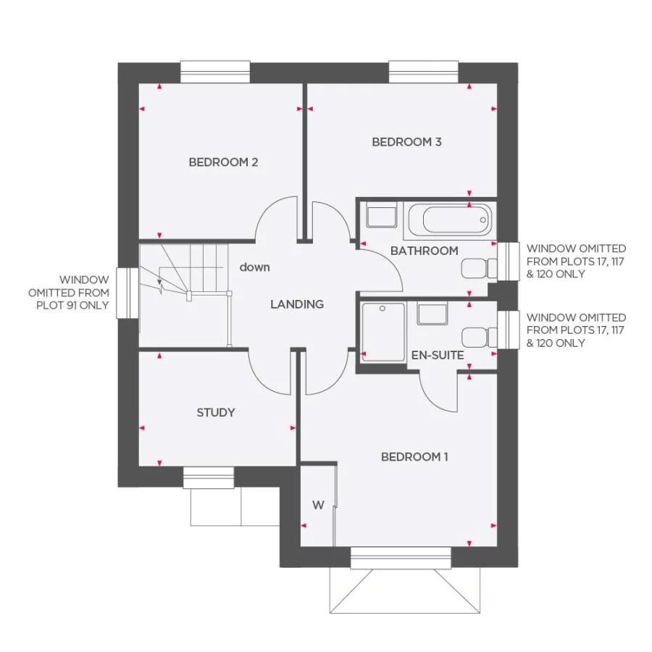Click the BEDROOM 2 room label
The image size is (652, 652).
click(223, 162)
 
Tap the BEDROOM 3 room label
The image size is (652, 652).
click(406, 142)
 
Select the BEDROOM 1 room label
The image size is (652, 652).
click(414, 456)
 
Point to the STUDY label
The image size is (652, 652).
click(216, 412)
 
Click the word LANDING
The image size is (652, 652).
click(297, 304)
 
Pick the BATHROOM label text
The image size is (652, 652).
click(424, 251)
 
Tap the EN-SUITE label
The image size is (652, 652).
click(437, 355)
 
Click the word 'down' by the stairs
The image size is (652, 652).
click(255, 267)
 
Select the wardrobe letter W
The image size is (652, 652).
click(317, 506)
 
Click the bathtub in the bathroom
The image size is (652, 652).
click(448, 218)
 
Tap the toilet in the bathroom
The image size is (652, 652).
click(478, 269)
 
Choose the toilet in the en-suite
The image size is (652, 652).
click(478, 338)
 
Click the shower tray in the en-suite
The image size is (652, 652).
click(383, 332)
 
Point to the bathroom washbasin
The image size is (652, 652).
click(381, 216)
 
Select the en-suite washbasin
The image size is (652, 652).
click(432, 314)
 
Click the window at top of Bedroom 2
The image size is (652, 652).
click(215, 72)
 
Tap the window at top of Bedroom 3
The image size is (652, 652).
click(424, 72)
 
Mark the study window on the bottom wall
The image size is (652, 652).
click(209, 477)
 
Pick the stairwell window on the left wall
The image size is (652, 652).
click(128, 293)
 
